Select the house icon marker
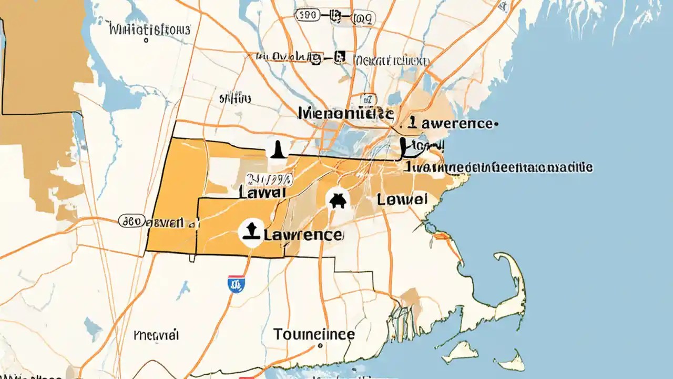(x=337, y=201)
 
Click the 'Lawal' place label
(x=262, y=192)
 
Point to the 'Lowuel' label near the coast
(x=402, y=200)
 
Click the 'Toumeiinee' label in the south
(x=314, y=334)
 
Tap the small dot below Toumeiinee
(x=319, y=347)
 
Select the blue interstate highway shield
(x=236, y=285)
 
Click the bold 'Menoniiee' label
(x=345, y=113)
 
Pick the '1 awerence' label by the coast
(x=451, y=124)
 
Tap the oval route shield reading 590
(x=308, y=16)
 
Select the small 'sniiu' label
(x=235, y=98)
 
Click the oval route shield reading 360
(x=131, y=221)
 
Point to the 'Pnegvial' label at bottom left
(x=157, y=335)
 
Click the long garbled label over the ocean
(x=499, y=168)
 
